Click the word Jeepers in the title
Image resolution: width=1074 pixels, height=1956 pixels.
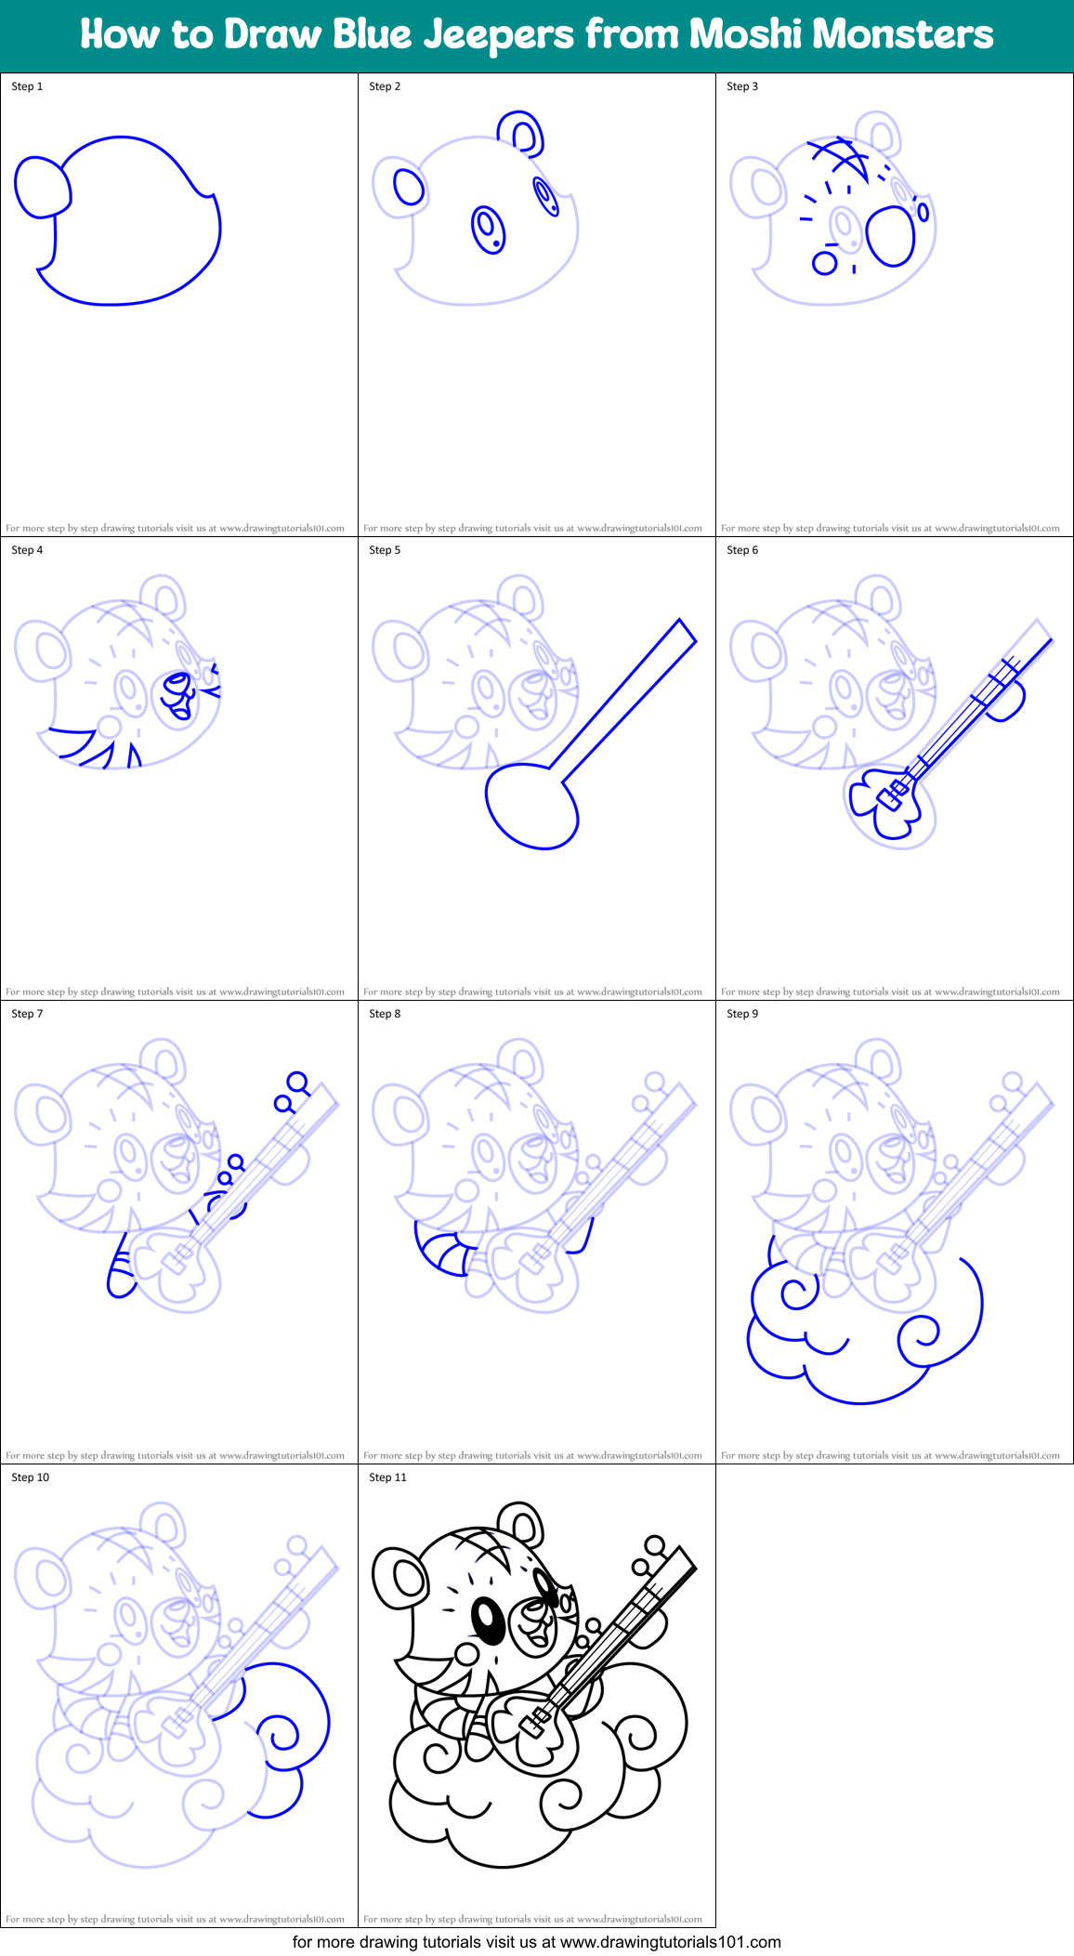[x=499, y=35]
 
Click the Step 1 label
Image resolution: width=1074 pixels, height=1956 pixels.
[x=27, y=86]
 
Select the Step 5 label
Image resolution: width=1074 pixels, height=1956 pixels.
[x=385, y=550]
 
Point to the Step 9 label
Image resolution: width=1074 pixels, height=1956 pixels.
[x=742, y=1014]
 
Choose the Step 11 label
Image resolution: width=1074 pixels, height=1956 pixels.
[x=387, y=1477]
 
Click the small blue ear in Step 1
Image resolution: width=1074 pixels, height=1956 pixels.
[x=42, y=187]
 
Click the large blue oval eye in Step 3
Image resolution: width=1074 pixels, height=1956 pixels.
[x=891, y=235]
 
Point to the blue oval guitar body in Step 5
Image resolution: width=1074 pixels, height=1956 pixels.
[x=531, y=806]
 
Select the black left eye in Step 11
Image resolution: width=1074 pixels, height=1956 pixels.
[x=488, y=1621]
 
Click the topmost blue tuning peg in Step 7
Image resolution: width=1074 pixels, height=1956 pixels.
[x=297, y=1083]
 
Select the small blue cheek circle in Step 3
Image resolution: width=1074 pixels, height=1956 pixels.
[x=824, y=263]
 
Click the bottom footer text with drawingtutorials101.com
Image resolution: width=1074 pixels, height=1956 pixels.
[x=536, y=1942]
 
